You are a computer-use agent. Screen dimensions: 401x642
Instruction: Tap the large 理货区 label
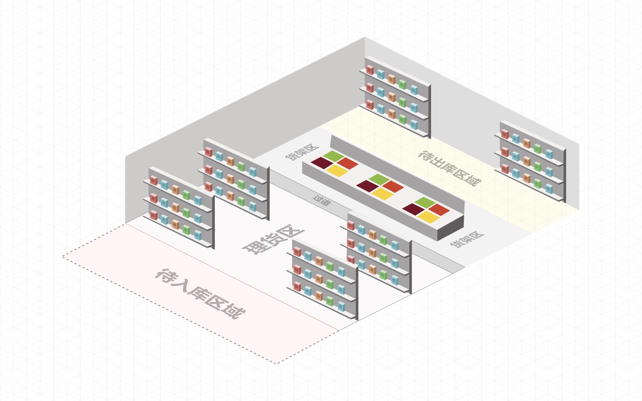(273, 239)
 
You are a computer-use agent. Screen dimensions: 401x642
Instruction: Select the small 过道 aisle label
(322, 200)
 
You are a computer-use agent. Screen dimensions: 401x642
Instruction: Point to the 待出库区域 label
(449, 168)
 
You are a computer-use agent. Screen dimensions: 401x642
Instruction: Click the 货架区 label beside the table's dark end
(467, 239)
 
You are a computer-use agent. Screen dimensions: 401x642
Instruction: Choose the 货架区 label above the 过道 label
(302, 152)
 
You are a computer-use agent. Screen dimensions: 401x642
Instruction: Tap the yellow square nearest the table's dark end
(429, 217)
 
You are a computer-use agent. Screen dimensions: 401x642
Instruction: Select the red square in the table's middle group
(393, 186)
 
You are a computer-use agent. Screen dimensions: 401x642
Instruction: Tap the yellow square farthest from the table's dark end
(337, 170)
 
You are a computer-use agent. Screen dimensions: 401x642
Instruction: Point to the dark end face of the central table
(451, 229)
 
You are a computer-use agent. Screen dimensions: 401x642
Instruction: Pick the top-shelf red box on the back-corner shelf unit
(370, 70)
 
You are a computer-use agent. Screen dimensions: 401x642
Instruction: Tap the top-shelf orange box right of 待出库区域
(527, 143)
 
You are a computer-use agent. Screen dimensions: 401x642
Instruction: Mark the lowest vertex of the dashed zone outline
(276, 364)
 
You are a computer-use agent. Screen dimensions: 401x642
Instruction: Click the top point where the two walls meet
(365, 37)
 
